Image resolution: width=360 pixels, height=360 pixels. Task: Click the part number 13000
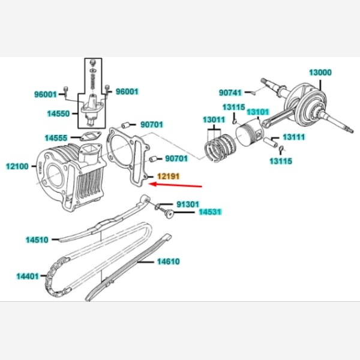click(x=320, y=73)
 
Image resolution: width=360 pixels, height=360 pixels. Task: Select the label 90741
click(x=230, y=92)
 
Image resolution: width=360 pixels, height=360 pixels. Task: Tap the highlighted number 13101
click(x=257, y=112)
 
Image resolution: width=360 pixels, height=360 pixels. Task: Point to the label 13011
click(x=214, y=119)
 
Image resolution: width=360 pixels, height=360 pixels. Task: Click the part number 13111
click(x=294, y=137)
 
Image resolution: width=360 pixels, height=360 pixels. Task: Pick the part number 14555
click(x=56, y=137)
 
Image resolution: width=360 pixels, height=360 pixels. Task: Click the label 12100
click(x=17, y=166)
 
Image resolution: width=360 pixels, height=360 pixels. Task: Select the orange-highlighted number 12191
click(x=168, y=176)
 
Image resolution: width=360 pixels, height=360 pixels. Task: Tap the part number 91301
click(x=188, y=204)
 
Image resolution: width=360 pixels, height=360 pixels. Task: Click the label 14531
click(x=211, y=212)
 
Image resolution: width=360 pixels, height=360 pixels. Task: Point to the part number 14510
click(x=37, y=240)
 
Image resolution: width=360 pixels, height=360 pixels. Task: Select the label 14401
click(x=28, y=276)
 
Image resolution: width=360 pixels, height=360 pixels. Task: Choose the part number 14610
click(x=169, y=262)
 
